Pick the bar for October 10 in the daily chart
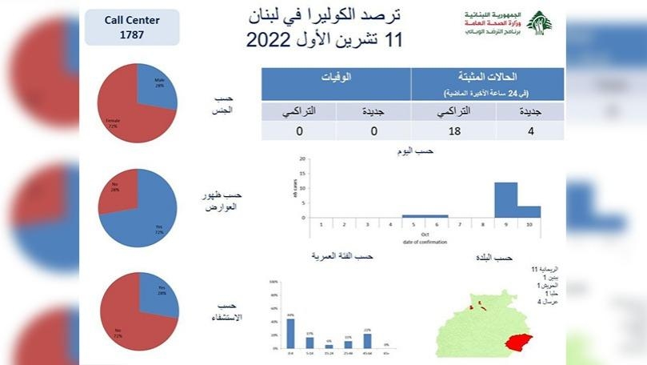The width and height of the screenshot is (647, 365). pyautogui.click(x=529, y=212)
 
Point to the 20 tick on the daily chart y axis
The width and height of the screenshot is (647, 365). pyautogui.click(x=302, y=158)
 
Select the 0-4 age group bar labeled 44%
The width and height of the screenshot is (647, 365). pyautogui.click(x=290, y=333)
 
